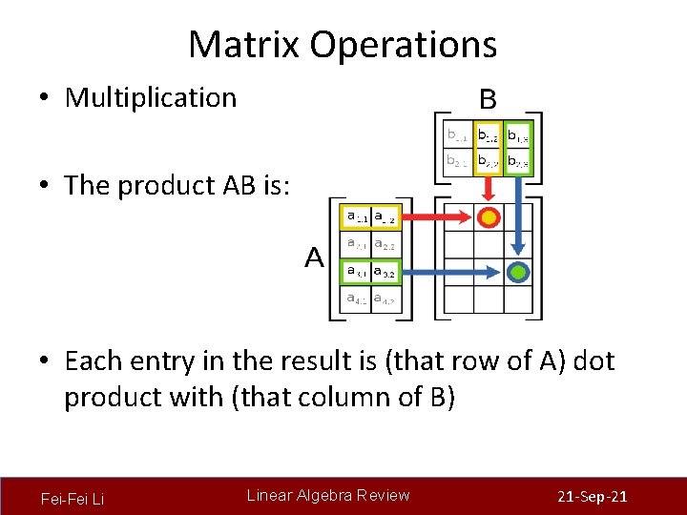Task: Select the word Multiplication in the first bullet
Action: click(150, 97)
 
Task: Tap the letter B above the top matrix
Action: click(487, 98)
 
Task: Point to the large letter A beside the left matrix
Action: click(314, 257)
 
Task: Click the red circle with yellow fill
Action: click(489, 217)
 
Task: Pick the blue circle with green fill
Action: click(518, 272)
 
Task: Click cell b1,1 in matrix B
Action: click(458, 134)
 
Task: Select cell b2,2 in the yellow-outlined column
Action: click(488, 161)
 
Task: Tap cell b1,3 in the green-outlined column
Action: click(518, 134)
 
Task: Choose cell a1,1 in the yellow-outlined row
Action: click(358, 217)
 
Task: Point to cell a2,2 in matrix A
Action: click(385, 244)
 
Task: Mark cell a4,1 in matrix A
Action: click(358, 299)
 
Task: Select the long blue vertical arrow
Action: click(518, 219)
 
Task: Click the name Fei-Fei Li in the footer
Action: click(73, 498)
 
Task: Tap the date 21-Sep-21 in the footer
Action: click(592, 498)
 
